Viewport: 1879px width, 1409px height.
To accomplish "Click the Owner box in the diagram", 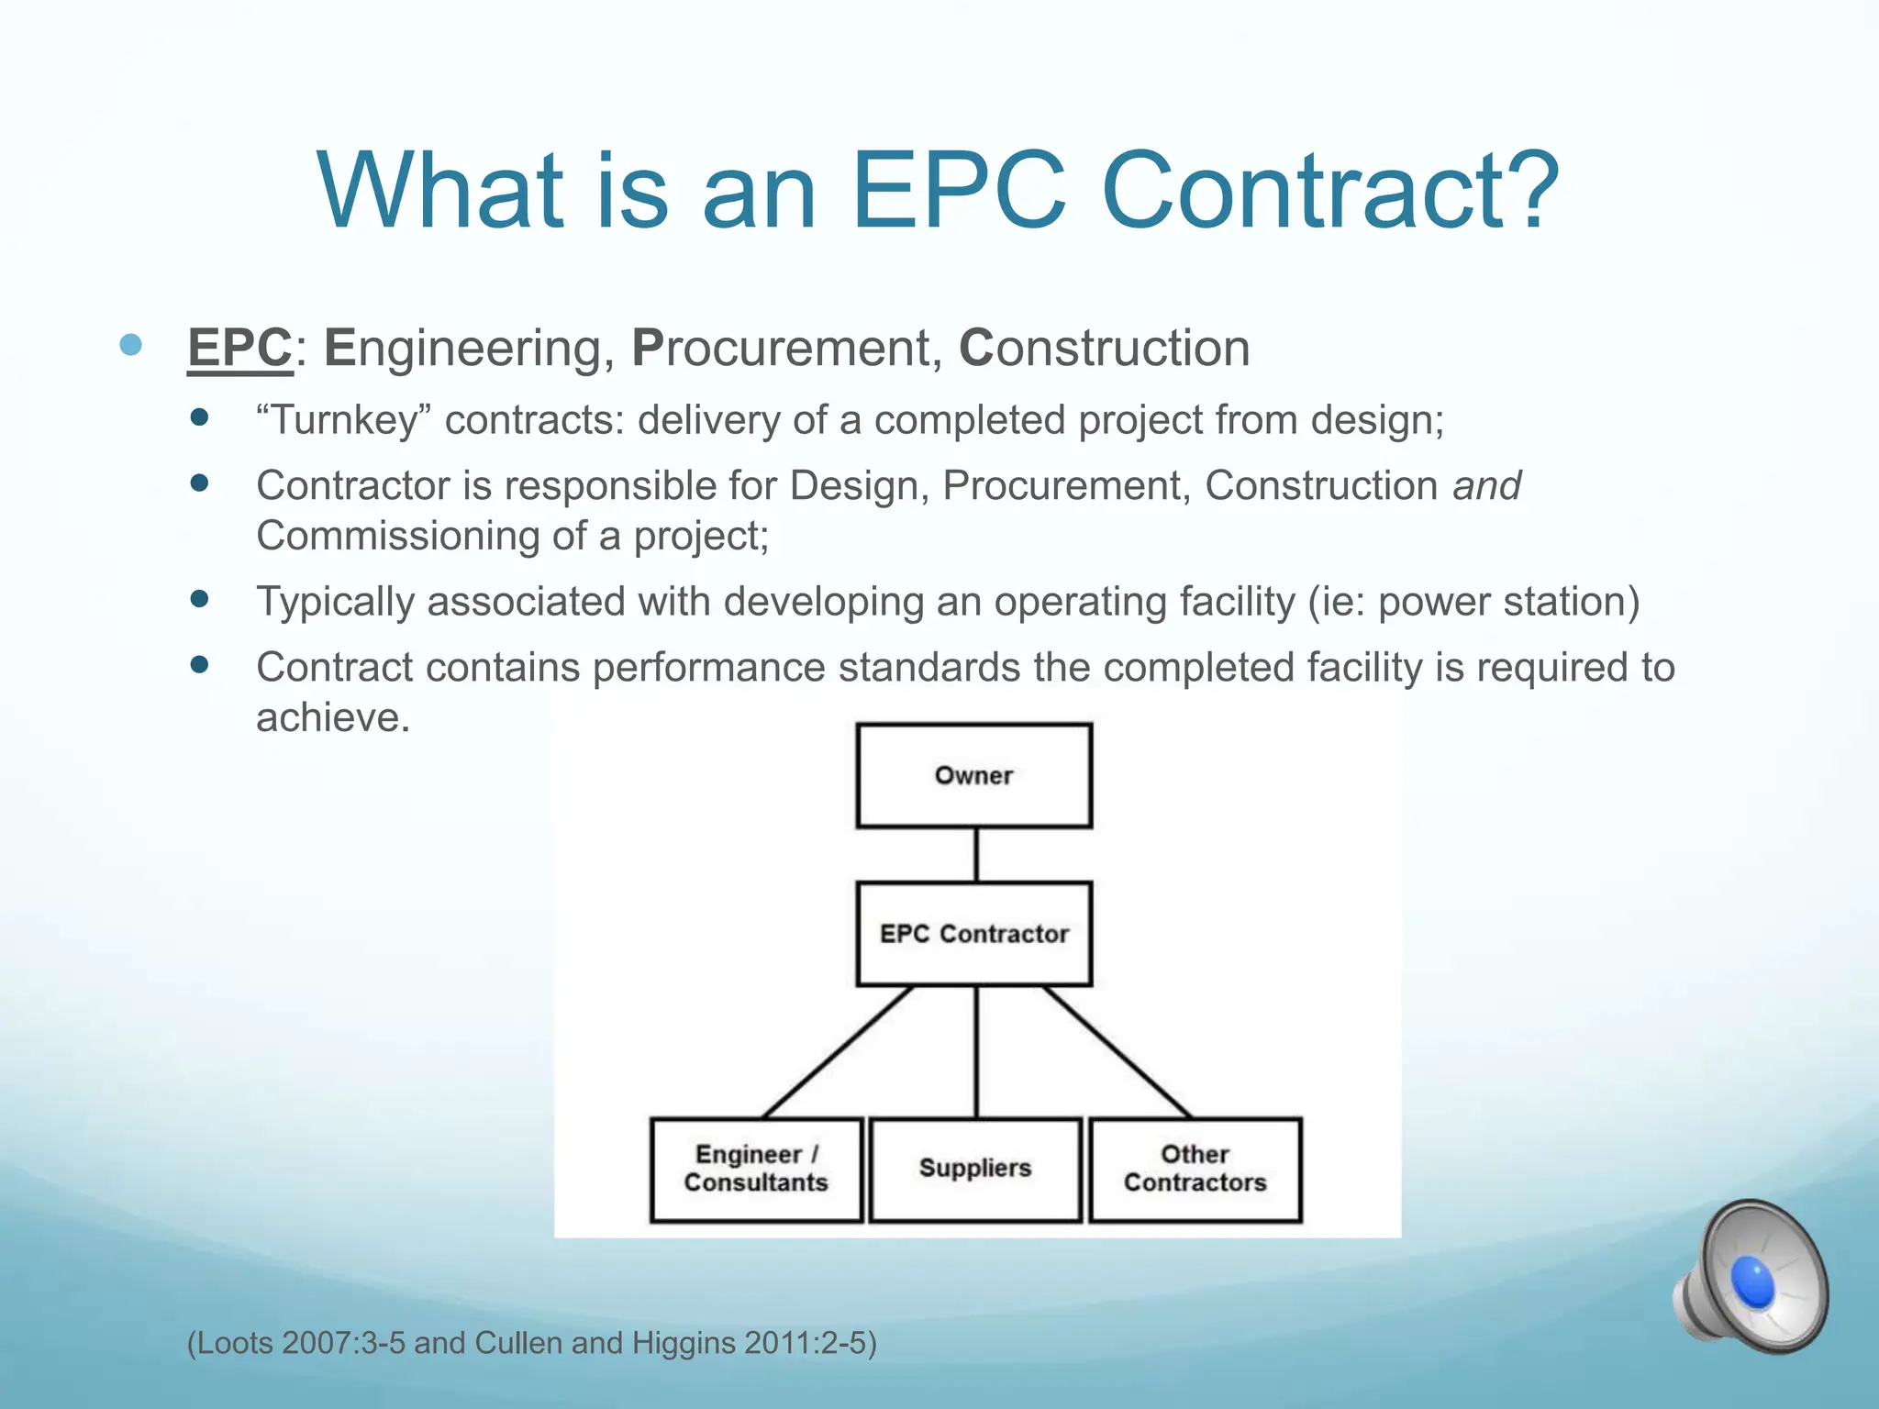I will point(973,775).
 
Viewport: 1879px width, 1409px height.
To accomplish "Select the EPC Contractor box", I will point(973,934).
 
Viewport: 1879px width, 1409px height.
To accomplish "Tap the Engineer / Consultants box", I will point(756,1169).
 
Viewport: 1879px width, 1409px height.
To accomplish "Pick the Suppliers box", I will point(975,1169).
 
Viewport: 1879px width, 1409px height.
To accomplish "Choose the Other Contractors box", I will point(1195,1169).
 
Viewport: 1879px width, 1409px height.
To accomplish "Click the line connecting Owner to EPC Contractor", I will point(975,855).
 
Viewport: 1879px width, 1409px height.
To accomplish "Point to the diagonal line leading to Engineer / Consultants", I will point(837,1052).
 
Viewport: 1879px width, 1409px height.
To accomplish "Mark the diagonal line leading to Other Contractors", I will point(1117,1052).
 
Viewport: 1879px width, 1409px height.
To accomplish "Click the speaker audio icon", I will point(1751,1277).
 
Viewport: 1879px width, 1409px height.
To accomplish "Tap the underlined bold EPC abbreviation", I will point(239,349).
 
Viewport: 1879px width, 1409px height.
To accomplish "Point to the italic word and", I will point(1486,485).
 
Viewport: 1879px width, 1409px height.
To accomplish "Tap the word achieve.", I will point(331,717).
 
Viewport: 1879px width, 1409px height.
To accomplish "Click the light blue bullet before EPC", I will point(131,345).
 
